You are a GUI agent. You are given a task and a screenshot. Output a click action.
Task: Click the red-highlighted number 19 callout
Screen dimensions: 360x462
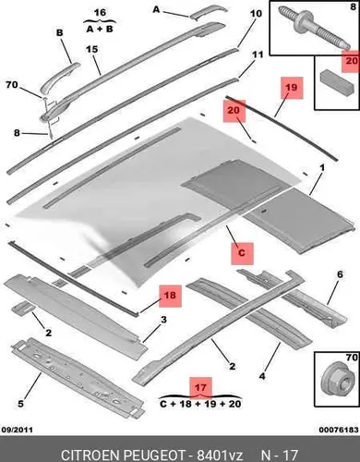292,88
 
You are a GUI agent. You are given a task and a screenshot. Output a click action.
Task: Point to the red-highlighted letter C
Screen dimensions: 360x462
242,253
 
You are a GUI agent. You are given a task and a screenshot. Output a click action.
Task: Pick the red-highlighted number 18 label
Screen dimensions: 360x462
170,296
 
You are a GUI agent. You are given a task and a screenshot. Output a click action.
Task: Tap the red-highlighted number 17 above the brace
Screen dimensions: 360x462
200,387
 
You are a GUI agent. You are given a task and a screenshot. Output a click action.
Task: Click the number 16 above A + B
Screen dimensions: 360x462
100,13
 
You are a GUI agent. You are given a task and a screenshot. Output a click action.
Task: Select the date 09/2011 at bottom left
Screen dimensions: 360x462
18,430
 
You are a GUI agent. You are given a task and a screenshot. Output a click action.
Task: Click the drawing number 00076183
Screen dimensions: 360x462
339,430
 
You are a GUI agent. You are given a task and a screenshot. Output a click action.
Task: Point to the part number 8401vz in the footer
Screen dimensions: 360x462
220,455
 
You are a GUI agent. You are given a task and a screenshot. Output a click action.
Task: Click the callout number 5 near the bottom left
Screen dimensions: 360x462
20,404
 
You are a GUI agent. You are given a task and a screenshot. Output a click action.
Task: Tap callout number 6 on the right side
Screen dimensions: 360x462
340,274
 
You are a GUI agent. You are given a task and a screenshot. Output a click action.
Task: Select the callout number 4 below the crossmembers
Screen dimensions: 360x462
262,376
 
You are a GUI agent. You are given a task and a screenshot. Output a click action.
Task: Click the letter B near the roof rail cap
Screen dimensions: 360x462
60,32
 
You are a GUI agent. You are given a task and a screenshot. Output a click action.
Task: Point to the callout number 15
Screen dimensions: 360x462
91,49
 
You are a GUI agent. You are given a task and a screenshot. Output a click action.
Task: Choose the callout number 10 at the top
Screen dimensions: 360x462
256,14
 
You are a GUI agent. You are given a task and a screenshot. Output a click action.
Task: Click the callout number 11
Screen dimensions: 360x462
258,55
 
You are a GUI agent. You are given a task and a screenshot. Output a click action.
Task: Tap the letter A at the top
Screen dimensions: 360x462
156,10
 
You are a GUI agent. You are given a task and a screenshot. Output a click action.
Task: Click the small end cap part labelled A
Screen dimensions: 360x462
208,12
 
